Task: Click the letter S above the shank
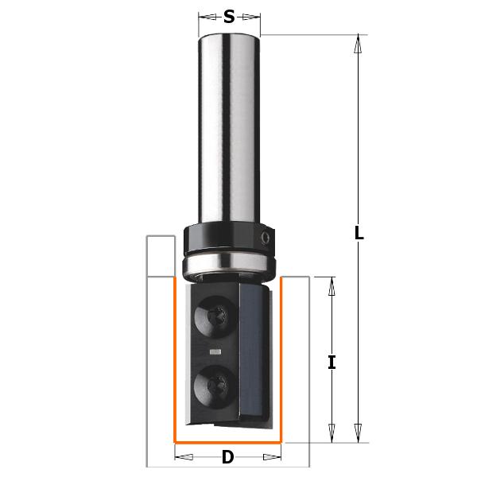[229, 16]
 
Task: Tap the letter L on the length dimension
[359, 234]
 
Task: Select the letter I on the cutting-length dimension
[332, 363]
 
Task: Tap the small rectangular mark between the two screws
[215, 351]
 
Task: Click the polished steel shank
[229, 127]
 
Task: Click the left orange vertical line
[175, 358]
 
